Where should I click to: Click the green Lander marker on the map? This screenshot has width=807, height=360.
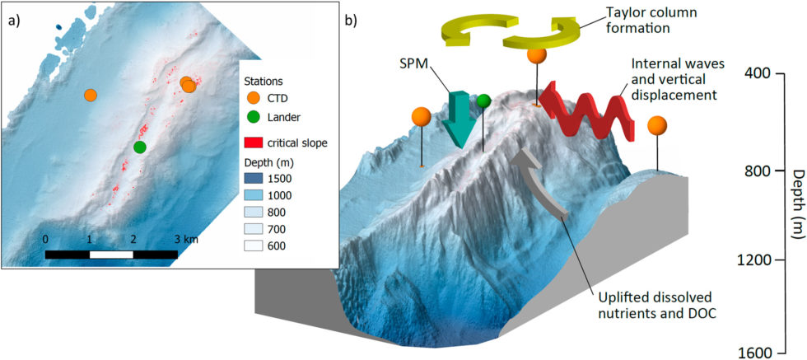pos(140,147)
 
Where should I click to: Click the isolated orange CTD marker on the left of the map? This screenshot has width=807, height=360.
pos(91,95)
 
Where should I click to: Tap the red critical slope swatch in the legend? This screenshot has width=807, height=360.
pos(255,143)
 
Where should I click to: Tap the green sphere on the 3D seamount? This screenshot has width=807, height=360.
pos(484,101)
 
